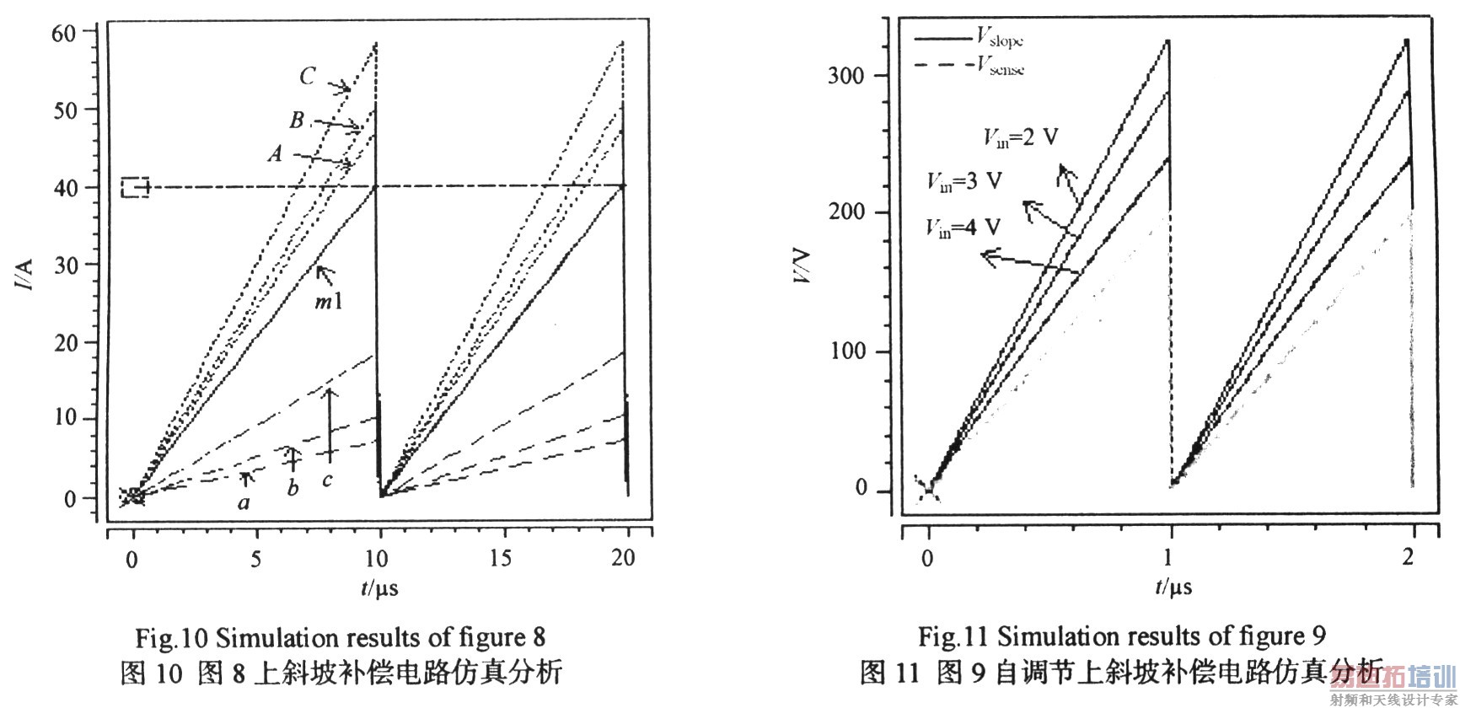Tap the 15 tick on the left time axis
[x=502, y=557]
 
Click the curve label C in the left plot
[x=308, y=77]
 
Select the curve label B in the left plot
[x=297, y=121]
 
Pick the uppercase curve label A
[x=275, y=154]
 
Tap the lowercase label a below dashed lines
[x=244, y=503]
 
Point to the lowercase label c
[x=328, y=480]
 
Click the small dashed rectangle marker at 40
[x=135, y=187]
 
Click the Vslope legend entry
[x=1000, y=37]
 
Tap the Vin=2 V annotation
[x=1019, y=137]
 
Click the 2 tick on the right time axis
[x=1409, y=557]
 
